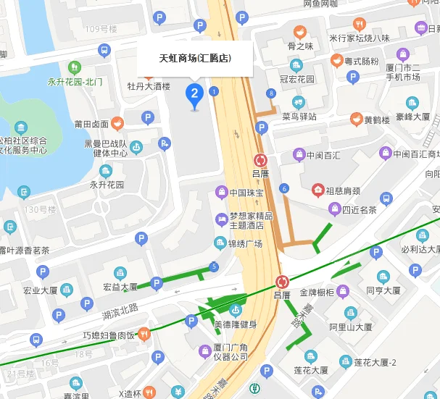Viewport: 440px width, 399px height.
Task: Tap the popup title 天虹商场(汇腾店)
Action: point(195,58)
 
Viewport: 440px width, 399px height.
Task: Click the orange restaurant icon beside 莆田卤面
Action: point(118,123)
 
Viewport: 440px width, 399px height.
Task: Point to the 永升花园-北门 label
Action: point(75,81)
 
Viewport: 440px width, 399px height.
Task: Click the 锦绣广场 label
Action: point(244,243)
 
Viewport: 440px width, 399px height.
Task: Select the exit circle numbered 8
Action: point(271,93)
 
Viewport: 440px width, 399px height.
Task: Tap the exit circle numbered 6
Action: point(284,188)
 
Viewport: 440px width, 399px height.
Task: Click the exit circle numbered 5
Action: point(213,266)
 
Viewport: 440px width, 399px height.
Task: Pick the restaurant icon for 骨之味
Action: point(299,32)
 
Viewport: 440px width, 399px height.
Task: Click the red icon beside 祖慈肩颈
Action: point(317,190)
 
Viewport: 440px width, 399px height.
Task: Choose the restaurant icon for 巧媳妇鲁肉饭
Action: point(144,335)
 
